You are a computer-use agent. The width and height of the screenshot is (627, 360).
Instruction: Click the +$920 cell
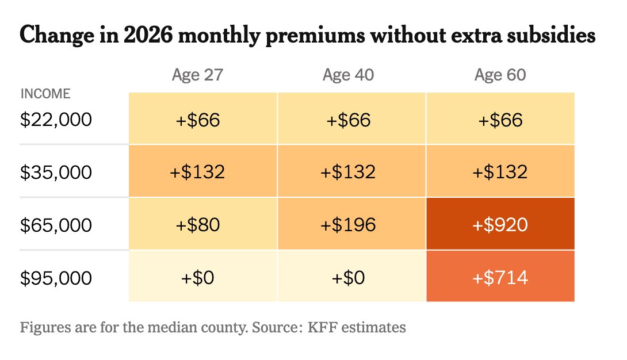500,224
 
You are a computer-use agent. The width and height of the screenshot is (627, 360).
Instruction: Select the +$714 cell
500,277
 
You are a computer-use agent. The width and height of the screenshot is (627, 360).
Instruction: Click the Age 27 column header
197,75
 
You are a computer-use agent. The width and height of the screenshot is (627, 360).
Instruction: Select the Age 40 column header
348,75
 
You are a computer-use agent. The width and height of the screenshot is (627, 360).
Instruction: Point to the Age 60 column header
500,75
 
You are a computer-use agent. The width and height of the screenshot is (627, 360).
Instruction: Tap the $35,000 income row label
56,171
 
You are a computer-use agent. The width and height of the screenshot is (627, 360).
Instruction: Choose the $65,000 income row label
56,224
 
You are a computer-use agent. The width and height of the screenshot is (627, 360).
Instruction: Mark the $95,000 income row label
56,277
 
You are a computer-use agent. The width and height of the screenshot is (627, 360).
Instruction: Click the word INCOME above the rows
45,94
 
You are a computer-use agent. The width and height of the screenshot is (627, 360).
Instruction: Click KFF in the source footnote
323,328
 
